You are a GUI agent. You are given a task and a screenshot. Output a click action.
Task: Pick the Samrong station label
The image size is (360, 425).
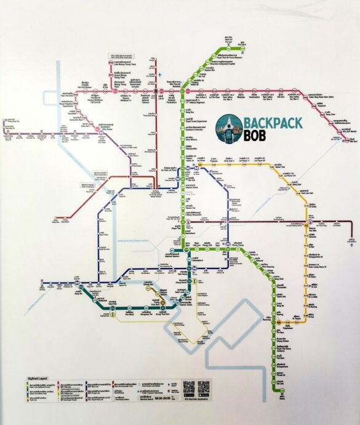[x=282, y=322]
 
